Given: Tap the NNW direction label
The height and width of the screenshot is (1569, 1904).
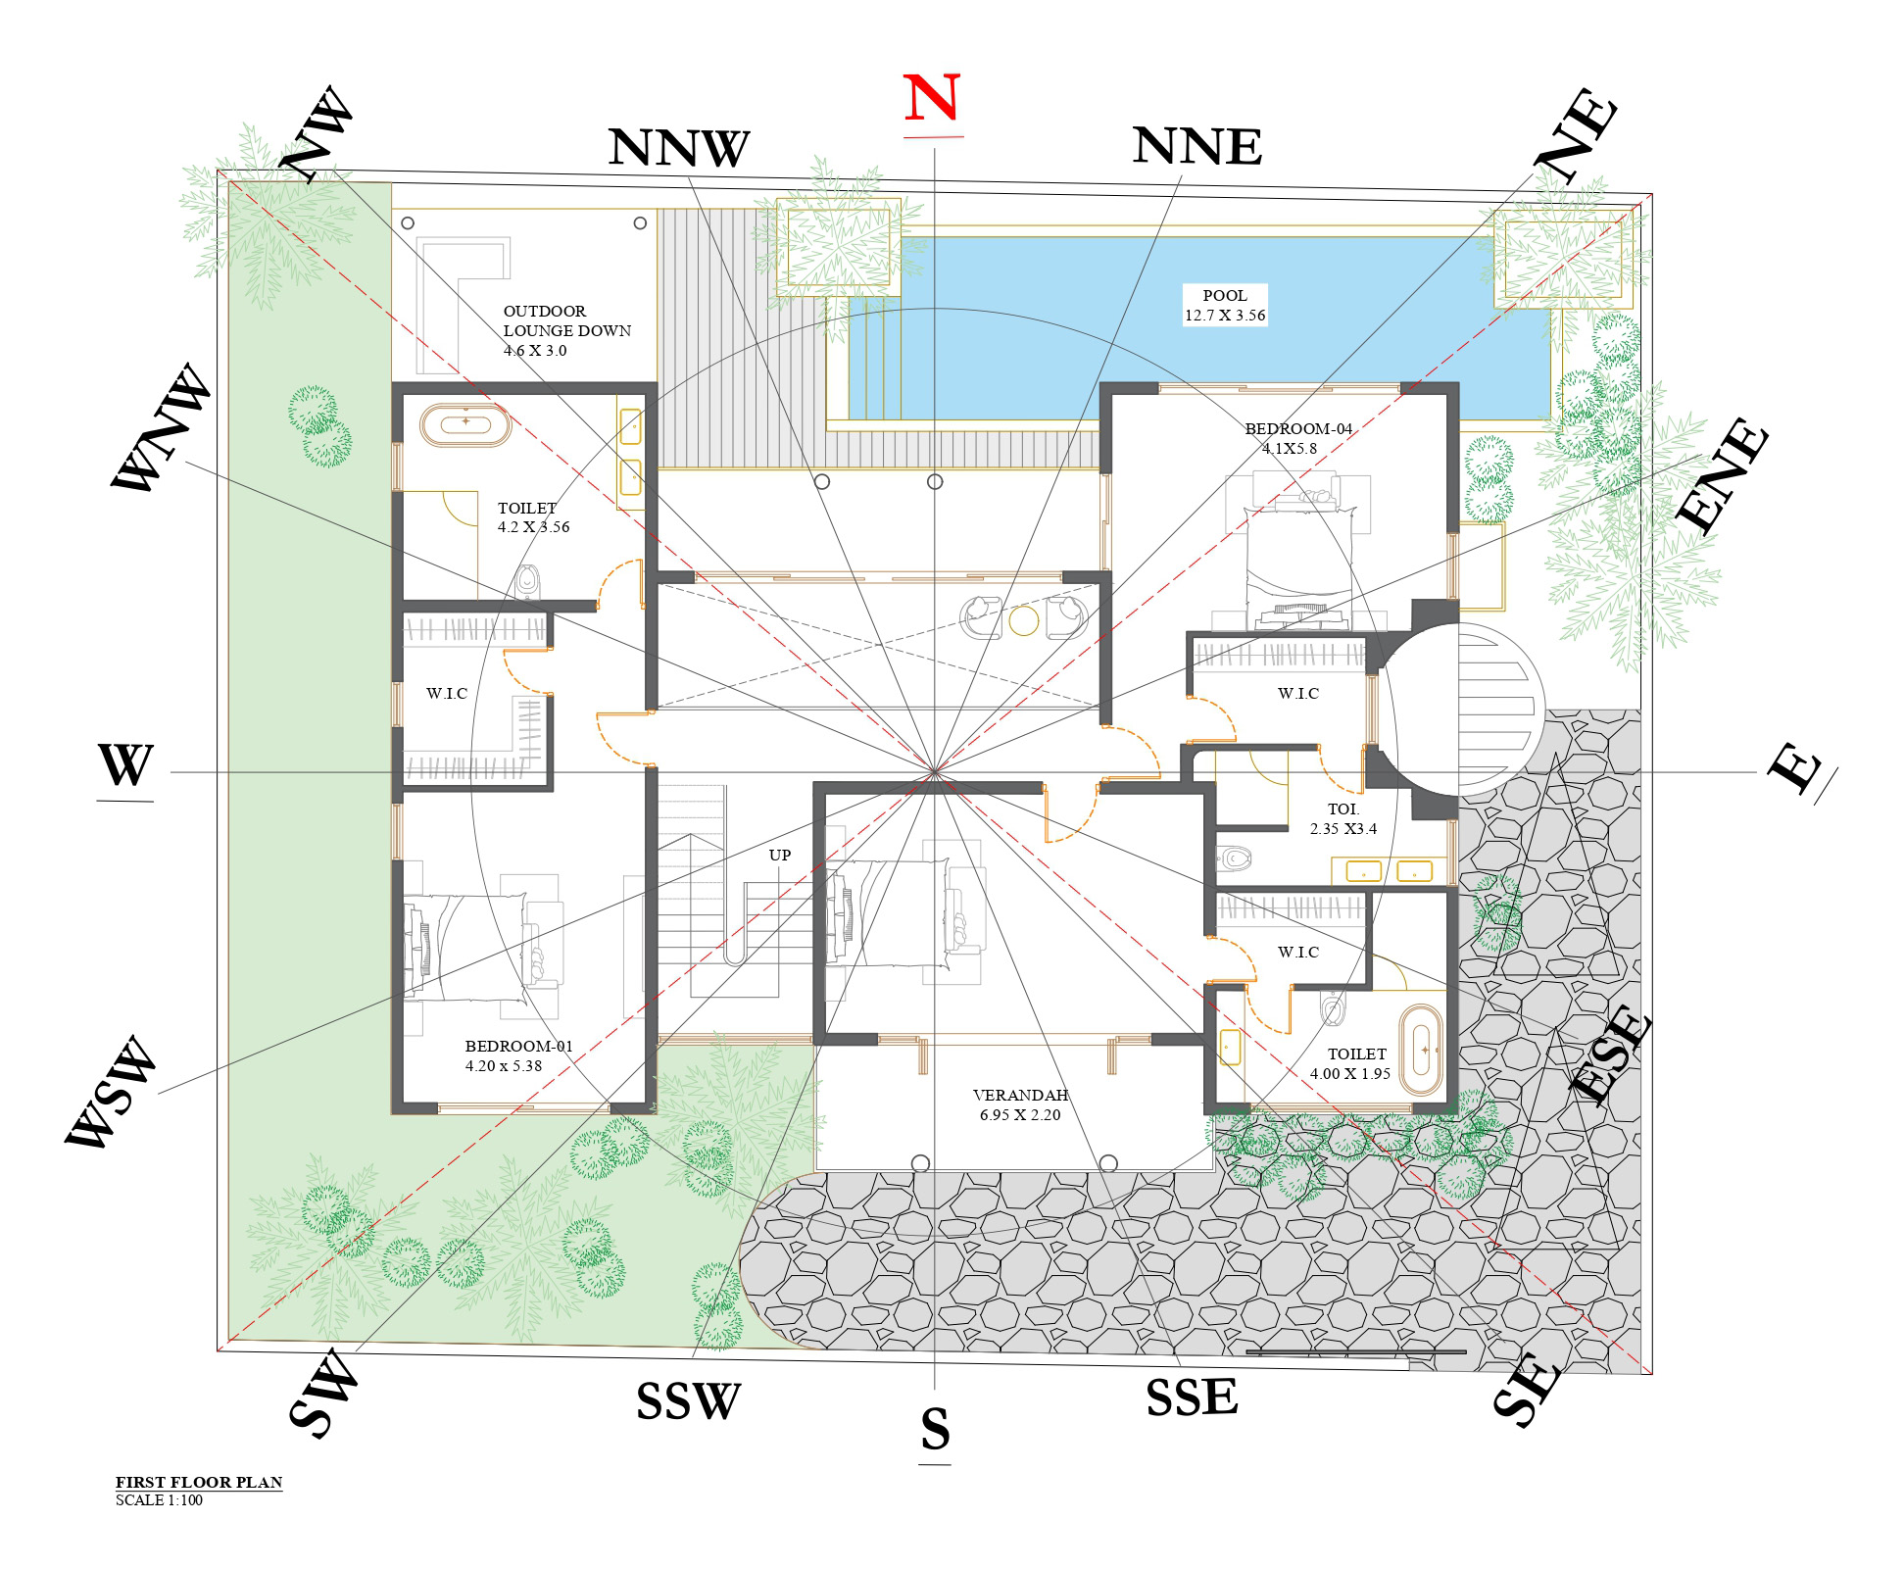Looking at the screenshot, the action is point(678,148).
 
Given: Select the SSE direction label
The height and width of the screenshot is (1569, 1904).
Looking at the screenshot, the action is point(1192,1397).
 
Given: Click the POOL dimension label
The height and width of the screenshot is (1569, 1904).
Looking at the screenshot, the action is point(1225,305).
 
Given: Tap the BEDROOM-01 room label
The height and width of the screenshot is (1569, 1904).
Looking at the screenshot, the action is point(517,1055).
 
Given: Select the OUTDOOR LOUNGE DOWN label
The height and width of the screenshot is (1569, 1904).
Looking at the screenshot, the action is point(566,330).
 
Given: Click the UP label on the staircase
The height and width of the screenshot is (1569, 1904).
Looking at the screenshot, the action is point(780,855).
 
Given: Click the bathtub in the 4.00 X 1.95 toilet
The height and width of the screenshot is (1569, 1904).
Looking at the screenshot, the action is point(1422,1049).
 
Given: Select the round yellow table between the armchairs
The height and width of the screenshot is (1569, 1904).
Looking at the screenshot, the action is point(1024,620).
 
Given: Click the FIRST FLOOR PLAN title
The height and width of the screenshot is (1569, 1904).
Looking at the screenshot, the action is point(199,1482).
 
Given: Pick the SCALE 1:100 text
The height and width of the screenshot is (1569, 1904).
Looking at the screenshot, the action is point(159,1500).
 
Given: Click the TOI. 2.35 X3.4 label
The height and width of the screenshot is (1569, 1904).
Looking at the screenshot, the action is point(1343,818).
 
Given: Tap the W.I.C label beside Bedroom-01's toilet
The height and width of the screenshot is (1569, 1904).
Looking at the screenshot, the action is point(447,693).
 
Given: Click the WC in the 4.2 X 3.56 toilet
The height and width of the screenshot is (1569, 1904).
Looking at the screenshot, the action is point(527,580).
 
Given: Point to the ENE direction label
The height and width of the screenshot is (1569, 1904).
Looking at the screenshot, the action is point(1723,476).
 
